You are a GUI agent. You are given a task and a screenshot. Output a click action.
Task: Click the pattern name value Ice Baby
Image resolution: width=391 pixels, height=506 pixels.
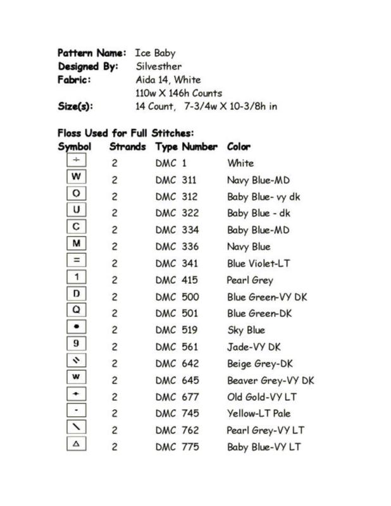coord(155,53)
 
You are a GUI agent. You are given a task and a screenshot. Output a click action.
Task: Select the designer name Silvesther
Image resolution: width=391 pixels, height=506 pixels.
coord(158,66)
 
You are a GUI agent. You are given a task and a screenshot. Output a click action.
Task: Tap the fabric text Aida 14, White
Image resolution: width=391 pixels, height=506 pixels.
coord(168,80)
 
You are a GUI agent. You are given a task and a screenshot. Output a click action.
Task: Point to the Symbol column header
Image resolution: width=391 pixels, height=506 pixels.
coord(75,147)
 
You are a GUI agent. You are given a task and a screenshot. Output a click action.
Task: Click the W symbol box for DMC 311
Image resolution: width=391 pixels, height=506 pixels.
coord(76,176)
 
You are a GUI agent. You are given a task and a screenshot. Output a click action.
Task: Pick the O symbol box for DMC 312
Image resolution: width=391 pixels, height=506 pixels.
coord(76,194)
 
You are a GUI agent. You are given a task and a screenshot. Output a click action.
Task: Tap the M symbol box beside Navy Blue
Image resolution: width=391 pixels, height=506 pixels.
coord(76,244)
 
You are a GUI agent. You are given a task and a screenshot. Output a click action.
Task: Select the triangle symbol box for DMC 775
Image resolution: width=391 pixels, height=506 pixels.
coord(76,445)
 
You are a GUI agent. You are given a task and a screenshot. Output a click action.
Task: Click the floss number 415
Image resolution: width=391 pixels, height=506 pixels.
coord(189,280)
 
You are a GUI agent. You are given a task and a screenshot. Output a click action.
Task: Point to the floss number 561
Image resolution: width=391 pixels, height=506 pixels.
coord(189,347)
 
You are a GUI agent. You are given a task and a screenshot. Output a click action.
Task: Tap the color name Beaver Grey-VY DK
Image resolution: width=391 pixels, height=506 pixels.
coord(270,381)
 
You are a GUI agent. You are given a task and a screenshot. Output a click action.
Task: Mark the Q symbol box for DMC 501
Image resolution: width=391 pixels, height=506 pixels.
coord(76,311)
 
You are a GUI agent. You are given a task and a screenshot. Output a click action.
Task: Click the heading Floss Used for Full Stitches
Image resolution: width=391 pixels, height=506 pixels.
coord(125,133)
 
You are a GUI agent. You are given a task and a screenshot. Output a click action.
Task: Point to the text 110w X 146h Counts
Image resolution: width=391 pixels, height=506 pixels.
coord(178,93)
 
